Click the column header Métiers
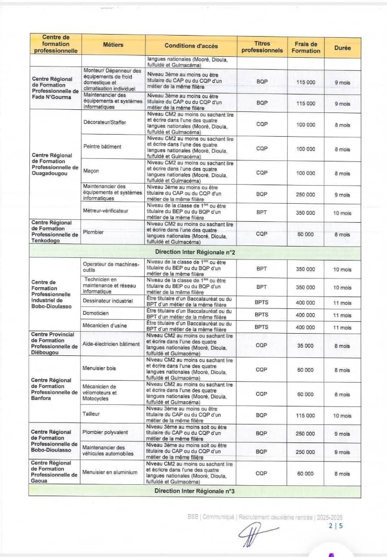click(x=113, y=45)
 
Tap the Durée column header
click(x=342, y=47)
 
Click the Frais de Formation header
click(x=306, y=47)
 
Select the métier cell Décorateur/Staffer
click(x=105, y=122)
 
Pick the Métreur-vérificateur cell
click(x=106, y=210)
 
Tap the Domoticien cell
click(x=96, y=313)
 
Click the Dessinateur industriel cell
click(x=108, y=300)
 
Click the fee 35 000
click(x=305, y=346)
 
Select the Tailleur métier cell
click(x=91, y=414)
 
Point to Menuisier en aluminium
click(x=110, y=472)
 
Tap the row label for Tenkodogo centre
click(x=55, y=232)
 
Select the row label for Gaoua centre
click(x=55, y=472)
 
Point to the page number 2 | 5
click(x=335, y=527)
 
